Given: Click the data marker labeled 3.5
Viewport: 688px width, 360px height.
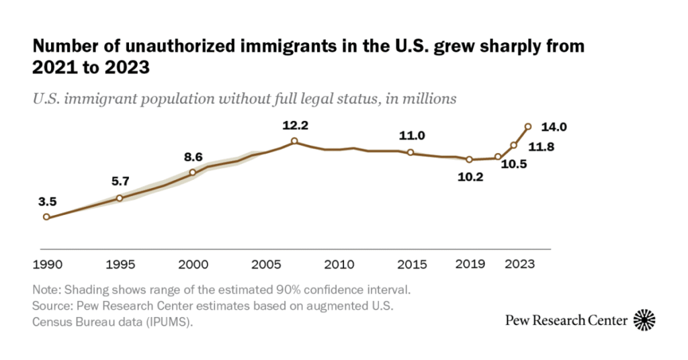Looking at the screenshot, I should click(x=46, y=217).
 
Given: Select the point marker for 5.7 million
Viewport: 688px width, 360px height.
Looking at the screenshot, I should click(x=120, y=198).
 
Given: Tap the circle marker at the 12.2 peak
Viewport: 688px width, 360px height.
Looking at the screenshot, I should click(x=294, y=141).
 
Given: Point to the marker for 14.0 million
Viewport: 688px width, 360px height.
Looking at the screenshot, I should click(x=528, y=126).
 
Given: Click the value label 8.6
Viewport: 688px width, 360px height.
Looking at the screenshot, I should click(x=193, y=157).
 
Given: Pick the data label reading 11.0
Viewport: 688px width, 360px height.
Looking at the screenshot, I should click(x=411, y=136).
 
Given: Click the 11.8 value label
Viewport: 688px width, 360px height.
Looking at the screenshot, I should click(x=541, y=147).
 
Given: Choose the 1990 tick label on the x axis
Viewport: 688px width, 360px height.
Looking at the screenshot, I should click(x=46, y=264).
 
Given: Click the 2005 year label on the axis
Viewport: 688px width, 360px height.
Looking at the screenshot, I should click(x=265, y=264).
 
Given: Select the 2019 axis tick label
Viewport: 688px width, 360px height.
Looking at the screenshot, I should click(x=470, y=264).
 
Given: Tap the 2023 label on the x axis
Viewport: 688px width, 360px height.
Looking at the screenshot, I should click(x=521, y=264).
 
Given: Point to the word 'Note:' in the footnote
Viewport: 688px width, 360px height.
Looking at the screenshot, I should click(x=46, y=291).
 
